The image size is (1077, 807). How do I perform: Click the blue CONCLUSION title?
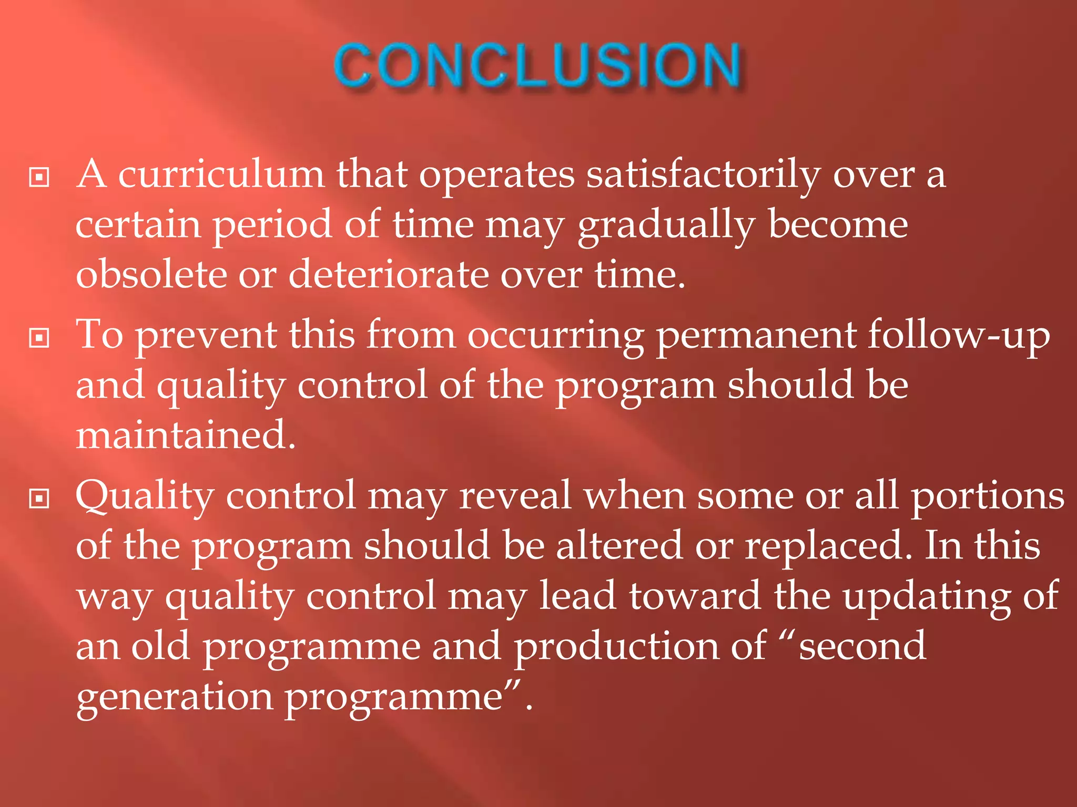coord(537,66)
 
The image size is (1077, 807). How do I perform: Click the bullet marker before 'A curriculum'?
coord(39,177)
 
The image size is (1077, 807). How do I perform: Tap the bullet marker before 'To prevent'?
coord(39,338)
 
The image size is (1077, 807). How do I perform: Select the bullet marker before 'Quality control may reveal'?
coord(39,499)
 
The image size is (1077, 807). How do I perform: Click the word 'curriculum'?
coord(221,174)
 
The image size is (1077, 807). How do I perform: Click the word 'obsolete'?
coord(151,275)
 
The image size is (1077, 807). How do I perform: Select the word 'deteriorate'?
coord(388,275)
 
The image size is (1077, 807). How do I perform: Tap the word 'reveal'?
coord(515,495)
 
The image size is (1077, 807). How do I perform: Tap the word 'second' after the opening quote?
coord(862,646)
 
